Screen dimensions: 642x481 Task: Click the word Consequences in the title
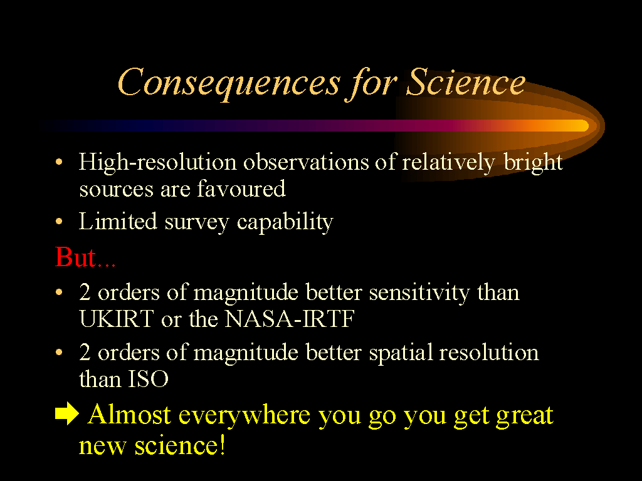click(x=229, y=83)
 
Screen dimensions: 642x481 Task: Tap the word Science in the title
click(x=466, y=81)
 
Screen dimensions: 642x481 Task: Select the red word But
click(x=75, y=257)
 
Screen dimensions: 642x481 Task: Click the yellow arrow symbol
click(x=66, y=413)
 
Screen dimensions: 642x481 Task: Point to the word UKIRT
click(x=116, y=319)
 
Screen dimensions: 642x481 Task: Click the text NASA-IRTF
click(x=290, y=319)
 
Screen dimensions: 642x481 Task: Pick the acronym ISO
click(x=148, y=379)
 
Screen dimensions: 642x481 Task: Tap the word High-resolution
click(x=157, y=162)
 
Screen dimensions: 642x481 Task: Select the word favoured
click(x=241, y=189)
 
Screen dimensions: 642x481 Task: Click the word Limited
click(x=118, y=221)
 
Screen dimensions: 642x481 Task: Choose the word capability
click(x=285, y=222)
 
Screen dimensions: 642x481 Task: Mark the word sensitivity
click(x=419, y=293)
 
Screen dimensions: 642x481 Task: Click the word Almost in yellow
click(x=129, y=415)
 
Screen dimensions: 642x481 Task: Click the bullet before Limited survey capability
click(x=59, y=222)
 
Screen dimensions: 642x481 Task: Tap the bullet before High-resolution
click(x=59, y=162)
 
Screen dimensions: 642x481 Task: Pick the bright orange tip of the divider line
click(x=584, y=125)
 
